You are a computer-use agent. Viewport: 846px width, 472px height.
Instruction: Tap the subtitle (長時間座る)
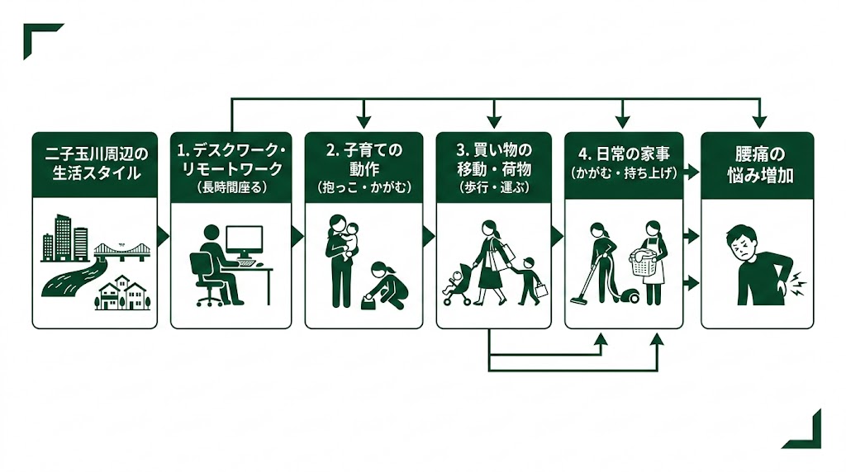pos(231,188)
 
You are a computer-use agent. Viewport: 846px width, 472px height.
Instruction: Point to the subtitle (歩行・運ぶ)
pos(493,188)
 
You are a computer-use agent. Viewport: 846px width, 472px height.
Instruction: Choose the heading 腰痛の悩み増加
pos(757,164)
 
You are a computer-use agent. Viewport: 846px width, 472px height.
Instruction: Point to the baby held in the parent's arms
pos(350,239)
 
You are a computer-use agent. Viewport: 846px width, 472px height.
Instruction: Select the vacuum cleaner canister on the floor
pos(626,294)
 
